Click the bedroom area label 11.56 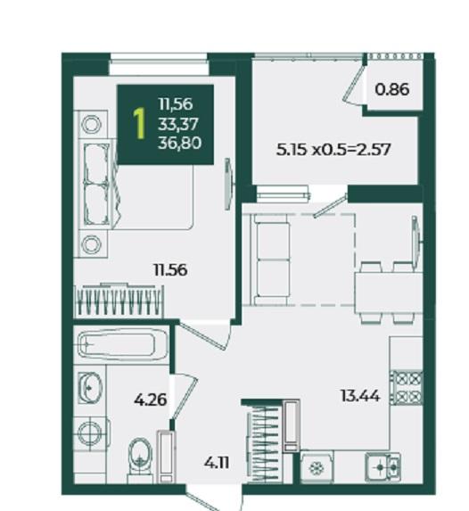170,270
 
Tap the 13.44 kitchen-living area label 360,396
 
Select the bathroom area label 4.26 151,400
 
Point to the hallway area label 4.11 217,463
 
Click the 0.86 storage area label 392,89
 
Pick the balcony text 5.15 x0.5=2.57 333,150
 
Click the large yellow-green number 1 139,124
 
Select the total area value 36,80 179,143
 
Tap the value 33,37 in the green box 178,124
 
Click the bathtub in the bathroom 123,345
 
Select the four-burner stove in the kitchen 407,388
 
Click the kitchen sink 383,467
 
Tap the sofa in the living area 270,260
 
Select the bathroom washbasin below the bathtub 90,388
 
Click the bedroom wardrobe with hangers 119,301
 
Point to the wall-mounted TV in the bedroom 229,184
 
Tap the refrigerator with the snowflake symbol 317,467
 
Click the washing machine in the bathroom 90,433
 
